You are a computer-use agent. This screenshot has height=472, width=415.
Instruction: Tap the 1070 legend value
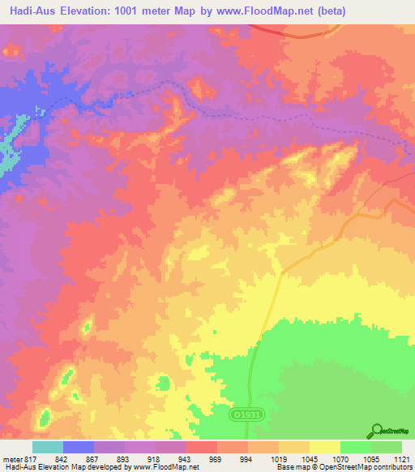click(341, 458)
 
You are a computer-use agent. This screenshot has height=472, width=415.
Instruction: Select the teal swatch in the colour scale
click(48, 447)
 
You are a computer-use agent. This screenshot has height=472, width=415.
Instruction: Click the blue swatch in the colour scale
click(79, 447)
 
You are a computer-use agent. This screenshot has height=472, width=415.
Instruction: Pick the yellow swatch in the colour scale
click(325, 447)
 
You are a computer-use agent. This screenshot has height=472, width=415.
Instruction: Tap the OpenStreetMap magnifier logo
click(375, 430)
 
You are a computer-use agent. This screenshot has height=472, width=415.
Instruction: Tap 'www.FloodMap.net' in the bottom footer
click(169, 468)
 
